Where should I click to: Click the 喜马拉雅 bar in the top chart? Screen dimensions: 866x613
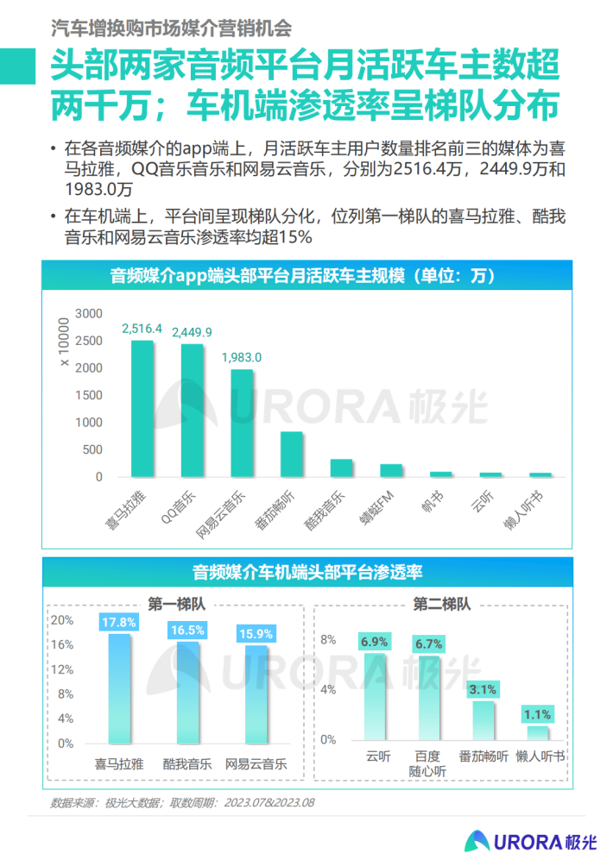coord(142,408)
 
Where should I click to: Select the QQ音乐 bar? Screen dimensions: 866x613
coord(192,410)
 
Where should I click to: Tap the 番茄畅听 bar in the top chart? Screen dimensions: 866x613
coord(292,454)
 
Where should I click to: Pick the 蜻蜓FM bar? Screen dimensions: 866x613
coord(391,470)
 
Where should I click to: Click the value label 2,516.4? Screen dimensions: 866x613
coord(142,329)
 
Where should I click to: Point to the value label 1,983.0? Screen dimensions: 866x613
coord(242,356)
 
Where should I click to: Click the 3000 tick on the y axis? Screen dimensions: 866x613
coord(89,313)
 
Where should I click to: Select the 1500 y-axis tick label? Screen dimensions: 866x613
coord(89,395)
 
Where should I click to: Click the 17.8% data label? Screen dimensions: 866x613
coord(119,622)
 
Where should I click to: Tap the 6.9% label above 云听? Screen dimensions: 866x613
coord(376,642)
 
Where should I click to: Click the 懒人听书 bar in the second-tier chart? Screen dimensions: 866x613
coord(538,732)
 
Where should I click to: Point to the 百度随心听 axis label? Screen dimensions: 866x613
coord(428,762)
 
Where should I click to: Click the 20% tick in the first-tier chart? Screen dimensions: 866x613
coord(62,620)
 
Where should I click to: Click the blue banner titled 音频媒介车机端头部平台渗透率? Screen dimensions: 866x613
coord(306,571)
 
